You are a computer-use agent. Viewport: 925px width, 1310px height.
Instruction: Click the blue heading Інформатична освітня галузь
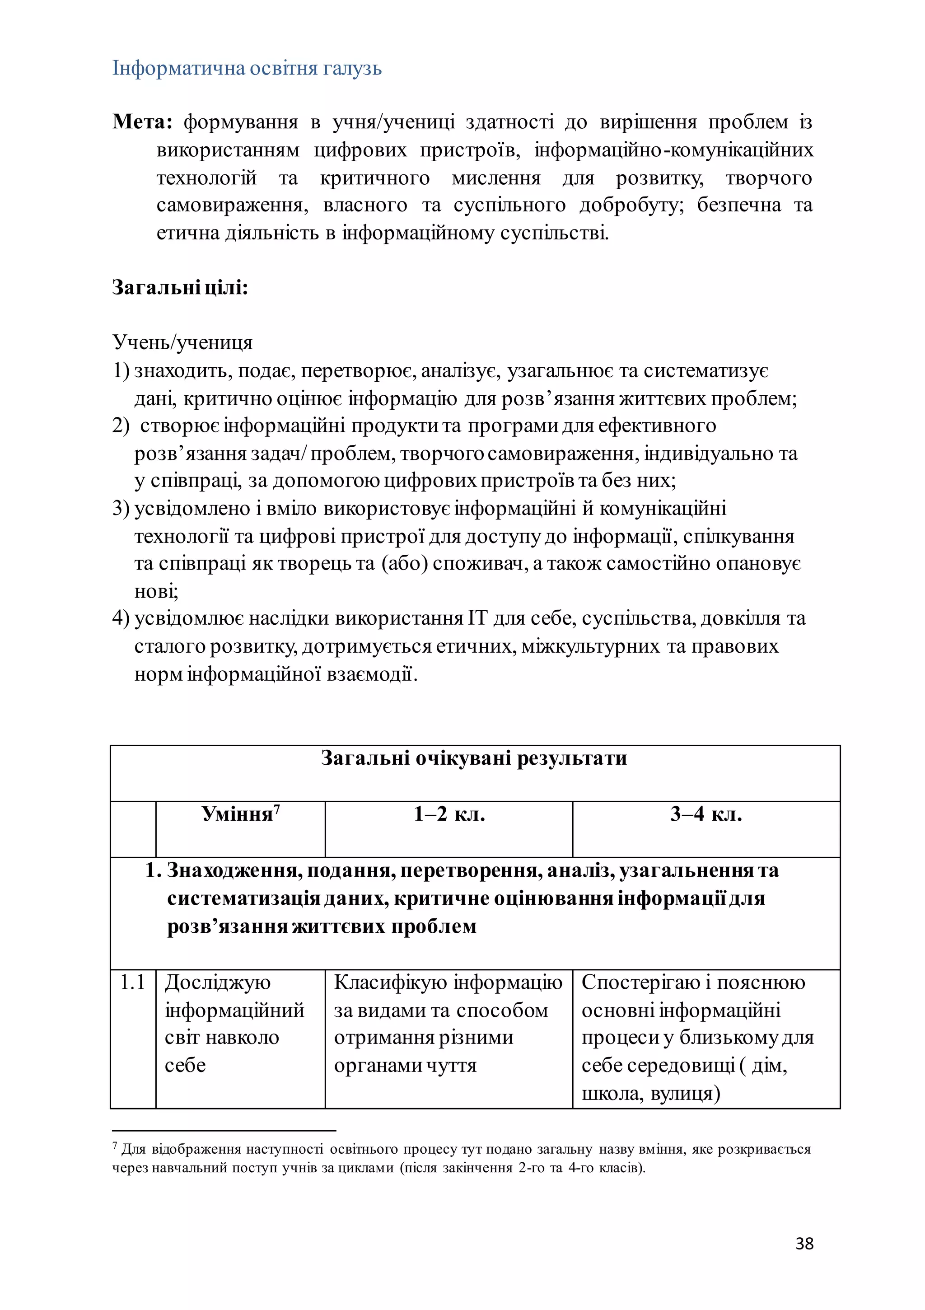coord(247,69)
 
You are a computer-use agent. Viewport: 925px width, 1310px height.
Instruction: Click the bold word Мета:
coord(142,122)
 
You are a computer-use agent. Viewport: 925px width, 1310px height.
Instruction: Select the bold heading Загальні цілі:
coord(180,287)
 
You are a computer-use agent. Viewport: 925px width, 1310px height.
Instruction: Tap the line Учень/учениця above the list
coord(182,342)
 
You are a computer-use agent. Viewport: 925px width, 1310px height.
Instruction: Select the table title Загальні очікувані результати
coord(474,758)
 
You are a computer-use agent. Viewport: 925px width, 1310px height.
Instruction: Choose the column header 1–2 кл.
coord(449,814)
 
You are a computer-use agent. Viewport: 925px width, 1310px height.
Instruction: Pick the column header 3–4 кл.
coord(706,814)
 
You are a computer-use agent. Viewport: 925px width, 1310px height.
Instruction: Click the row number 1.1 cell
coord(132,982)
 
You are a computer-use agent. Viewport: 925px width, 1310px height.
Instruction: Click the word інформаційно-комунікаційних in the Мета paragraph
coord(673,150)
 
